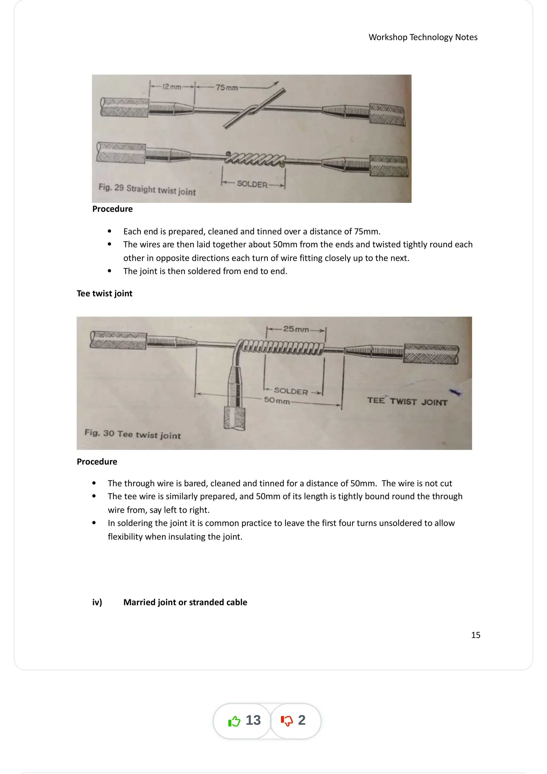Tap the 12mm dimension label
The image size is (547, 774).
pyautogui.click(x=171, y=87)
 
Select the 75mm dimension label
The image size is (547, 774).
pyautogui.click(x=227, y=88)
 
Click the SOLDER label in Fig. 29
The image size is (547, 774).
pyautogui.click(x=252, y=184)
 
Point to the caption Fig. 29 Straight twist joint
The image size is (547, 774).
pyautogui.click(x=147, y=189)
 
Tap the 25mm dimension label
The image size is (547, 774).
pyautogui.click(x=296, y=329)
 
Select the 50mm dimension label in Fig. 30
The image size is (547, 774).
pyautogui.click(x=277, y=400)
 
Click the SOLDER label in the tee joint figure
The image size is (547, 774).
pyautogui.click(x=291, y=391)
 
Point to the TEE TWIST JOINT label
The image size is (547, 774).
pyautogui.click(x=407, y=401)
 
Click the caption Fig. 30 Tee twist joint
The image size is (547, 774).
pyautogui.click(x=132, y=434)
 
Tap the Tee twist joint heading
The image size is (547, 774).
pyautogui.click(x=104, y=293)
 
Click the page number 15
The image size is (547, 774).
pyautogui.click(x=475, y=635)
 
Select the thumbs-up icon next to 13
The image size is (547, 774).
pyautogui.click(x=234, y=721)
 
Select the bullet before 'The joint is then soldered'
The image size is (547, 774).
pyautogui.click(x=110, y=271)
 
